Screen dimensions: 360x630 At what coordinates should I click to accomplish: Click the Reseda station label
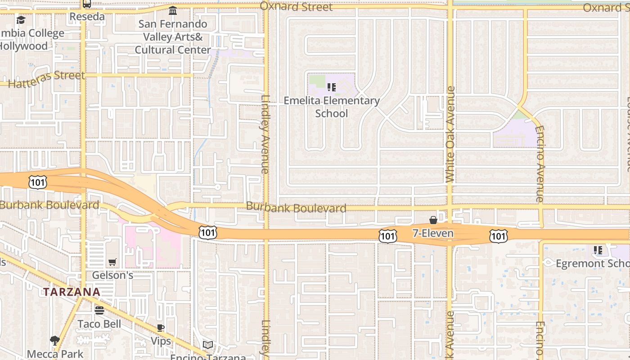point(87,17)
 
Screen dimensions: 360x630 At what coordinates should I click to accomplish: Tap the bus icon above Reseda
point(87,4)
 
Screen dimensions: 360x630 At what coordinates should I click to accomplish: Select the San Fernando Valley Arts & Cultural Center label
point(173,37)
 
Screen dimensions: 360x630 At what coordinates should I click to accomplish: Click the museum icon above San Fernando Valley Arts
point(173,10)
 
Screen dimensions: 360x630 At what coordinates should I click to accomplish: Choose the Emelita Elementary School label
point(332,107)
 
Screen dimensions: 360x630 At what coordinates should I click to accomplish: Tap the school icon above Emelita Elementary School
point(332,87)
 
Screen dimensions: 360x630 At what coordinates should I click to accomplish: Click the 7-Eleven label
point(433,233)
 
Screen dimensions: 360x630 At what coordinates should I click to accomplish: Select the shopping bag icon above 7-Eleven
point(433,220)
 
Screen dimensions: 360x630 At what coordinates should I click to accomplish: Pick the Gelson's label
point(112,275)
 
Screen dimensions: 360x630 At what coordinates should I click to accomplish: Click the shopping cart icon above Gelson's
point(112,262)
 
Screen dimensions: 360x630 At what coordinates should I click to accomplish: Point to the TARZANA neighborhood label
point(72,292)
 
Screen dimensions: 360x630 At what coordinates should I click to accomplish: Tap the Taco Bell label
point(99,324)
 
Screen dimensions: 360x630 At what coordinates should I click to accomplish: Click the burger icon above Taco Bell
point(99,310)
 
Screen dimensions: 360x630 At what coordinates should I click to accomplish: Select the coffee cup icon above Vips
point(161,328)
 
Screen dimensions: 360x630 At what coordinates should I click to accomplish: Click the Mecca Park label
point(55,354)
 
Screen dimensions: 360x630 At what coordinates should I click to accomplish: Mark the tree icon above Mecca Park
point(55,341)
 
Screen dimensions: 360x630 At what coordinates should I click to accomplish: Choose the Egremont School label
point(592,263)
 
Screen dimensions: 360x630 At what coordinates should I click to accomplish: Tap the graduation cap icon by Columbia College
point(21,20)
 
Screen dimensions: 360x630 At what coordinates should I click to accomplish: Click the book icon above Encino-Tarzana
point(207,345)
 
